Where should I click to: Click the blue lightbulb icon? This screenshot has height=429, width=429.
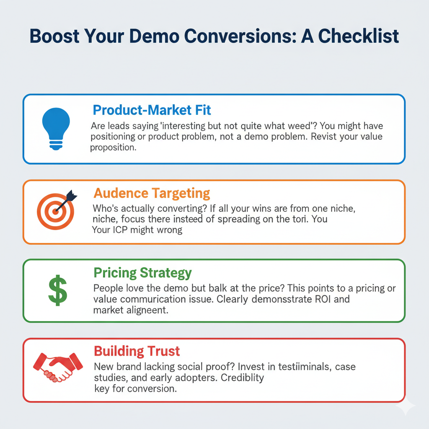point(56,129)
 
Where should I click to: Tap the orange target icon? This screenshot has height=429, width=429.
point(56,211)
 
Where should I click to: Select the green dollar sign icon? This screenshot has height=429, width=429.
point(58,290)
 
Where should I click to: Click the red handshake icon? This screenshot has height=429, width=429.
point(58,367)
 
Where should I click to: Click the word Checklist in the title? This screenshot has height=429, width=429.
point(359,36)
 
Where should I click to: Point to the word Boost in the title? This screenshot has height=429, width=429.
point(55,36)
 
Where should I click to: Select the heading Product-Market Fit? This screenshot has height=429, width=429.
point(152,110)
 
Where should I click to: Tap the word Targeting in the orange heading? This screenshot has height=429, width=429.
point(181,194)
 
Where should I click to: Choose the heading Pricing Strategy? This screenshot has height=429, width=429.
point(142,273)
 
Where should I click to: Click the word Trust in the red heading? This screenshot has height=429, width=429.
point(164,351)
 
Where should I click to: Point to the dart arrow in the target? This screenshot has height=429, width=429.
point(66,201)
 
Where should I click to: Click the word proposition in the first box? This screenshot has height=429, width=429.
point(113,147)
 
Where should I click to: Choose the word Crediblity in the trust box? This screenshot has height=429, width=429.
point(243,377)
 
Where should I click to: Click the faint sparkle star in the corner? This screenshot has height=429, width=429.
point(406,406)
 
